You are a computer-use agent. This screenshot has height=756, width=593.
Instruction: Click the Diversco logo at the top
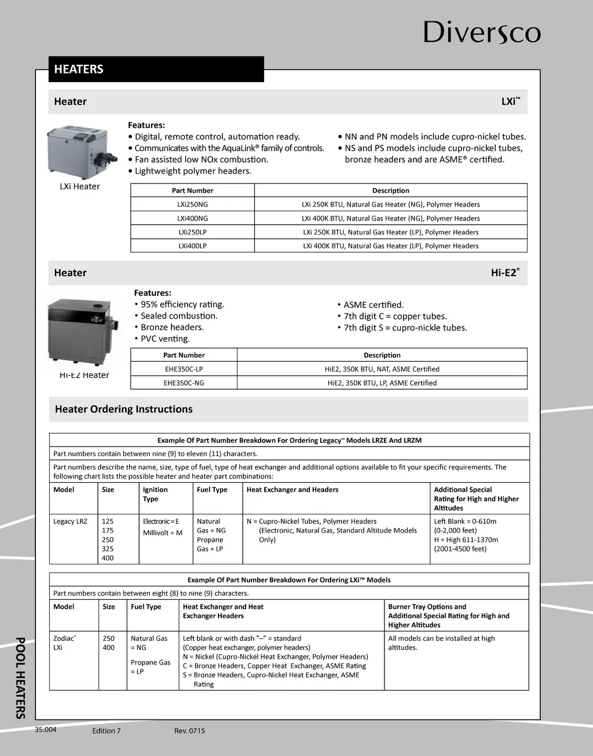coord(482,32)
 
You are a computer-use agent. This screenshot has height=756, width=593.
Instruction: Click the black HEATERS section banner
coord(156,69)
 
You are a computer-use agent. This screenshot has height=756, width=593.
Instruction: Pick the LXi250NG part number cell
coord(192,204)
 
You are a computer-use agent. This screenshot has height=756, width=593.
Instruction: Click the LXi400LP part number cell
coord(192,246)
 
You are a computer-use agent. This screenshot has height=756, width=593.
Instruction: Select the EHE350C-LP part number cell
coord(184,369)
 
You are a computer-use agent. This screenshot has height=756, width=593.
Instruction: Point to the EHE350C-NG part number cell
coord(184,383)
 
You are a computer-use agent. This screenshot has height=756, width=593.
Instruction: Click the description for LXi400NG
coord(390,218)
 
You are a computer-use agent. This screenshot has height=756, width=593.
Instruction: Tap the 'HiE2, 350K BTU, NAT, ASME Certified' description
coord(382,369)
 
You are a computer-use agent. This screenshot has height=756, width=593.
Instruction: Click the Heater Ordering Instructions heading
coord(124,409)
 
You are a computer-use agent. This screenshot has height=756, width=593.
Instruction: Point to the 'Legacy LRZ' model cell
coord(70,522)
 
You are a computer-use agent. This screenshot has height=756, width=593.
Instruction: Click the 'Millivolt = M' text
coord(163,533)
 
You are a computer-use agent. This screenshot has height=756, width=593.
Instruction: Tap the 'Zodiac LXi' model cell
coord(64,643)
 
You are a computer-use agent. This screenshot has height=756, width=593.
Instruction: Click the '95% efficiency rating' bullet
coord(182,304)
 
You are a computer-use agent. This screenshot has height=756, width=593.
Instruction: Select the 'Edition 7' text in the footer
coord(107,731)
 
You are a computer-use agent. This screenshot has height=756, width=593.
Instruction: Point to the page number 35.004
coord(46,730)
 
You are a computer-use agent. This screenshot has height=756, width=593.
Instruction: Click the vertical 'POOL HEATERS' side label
coord(21,677)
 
